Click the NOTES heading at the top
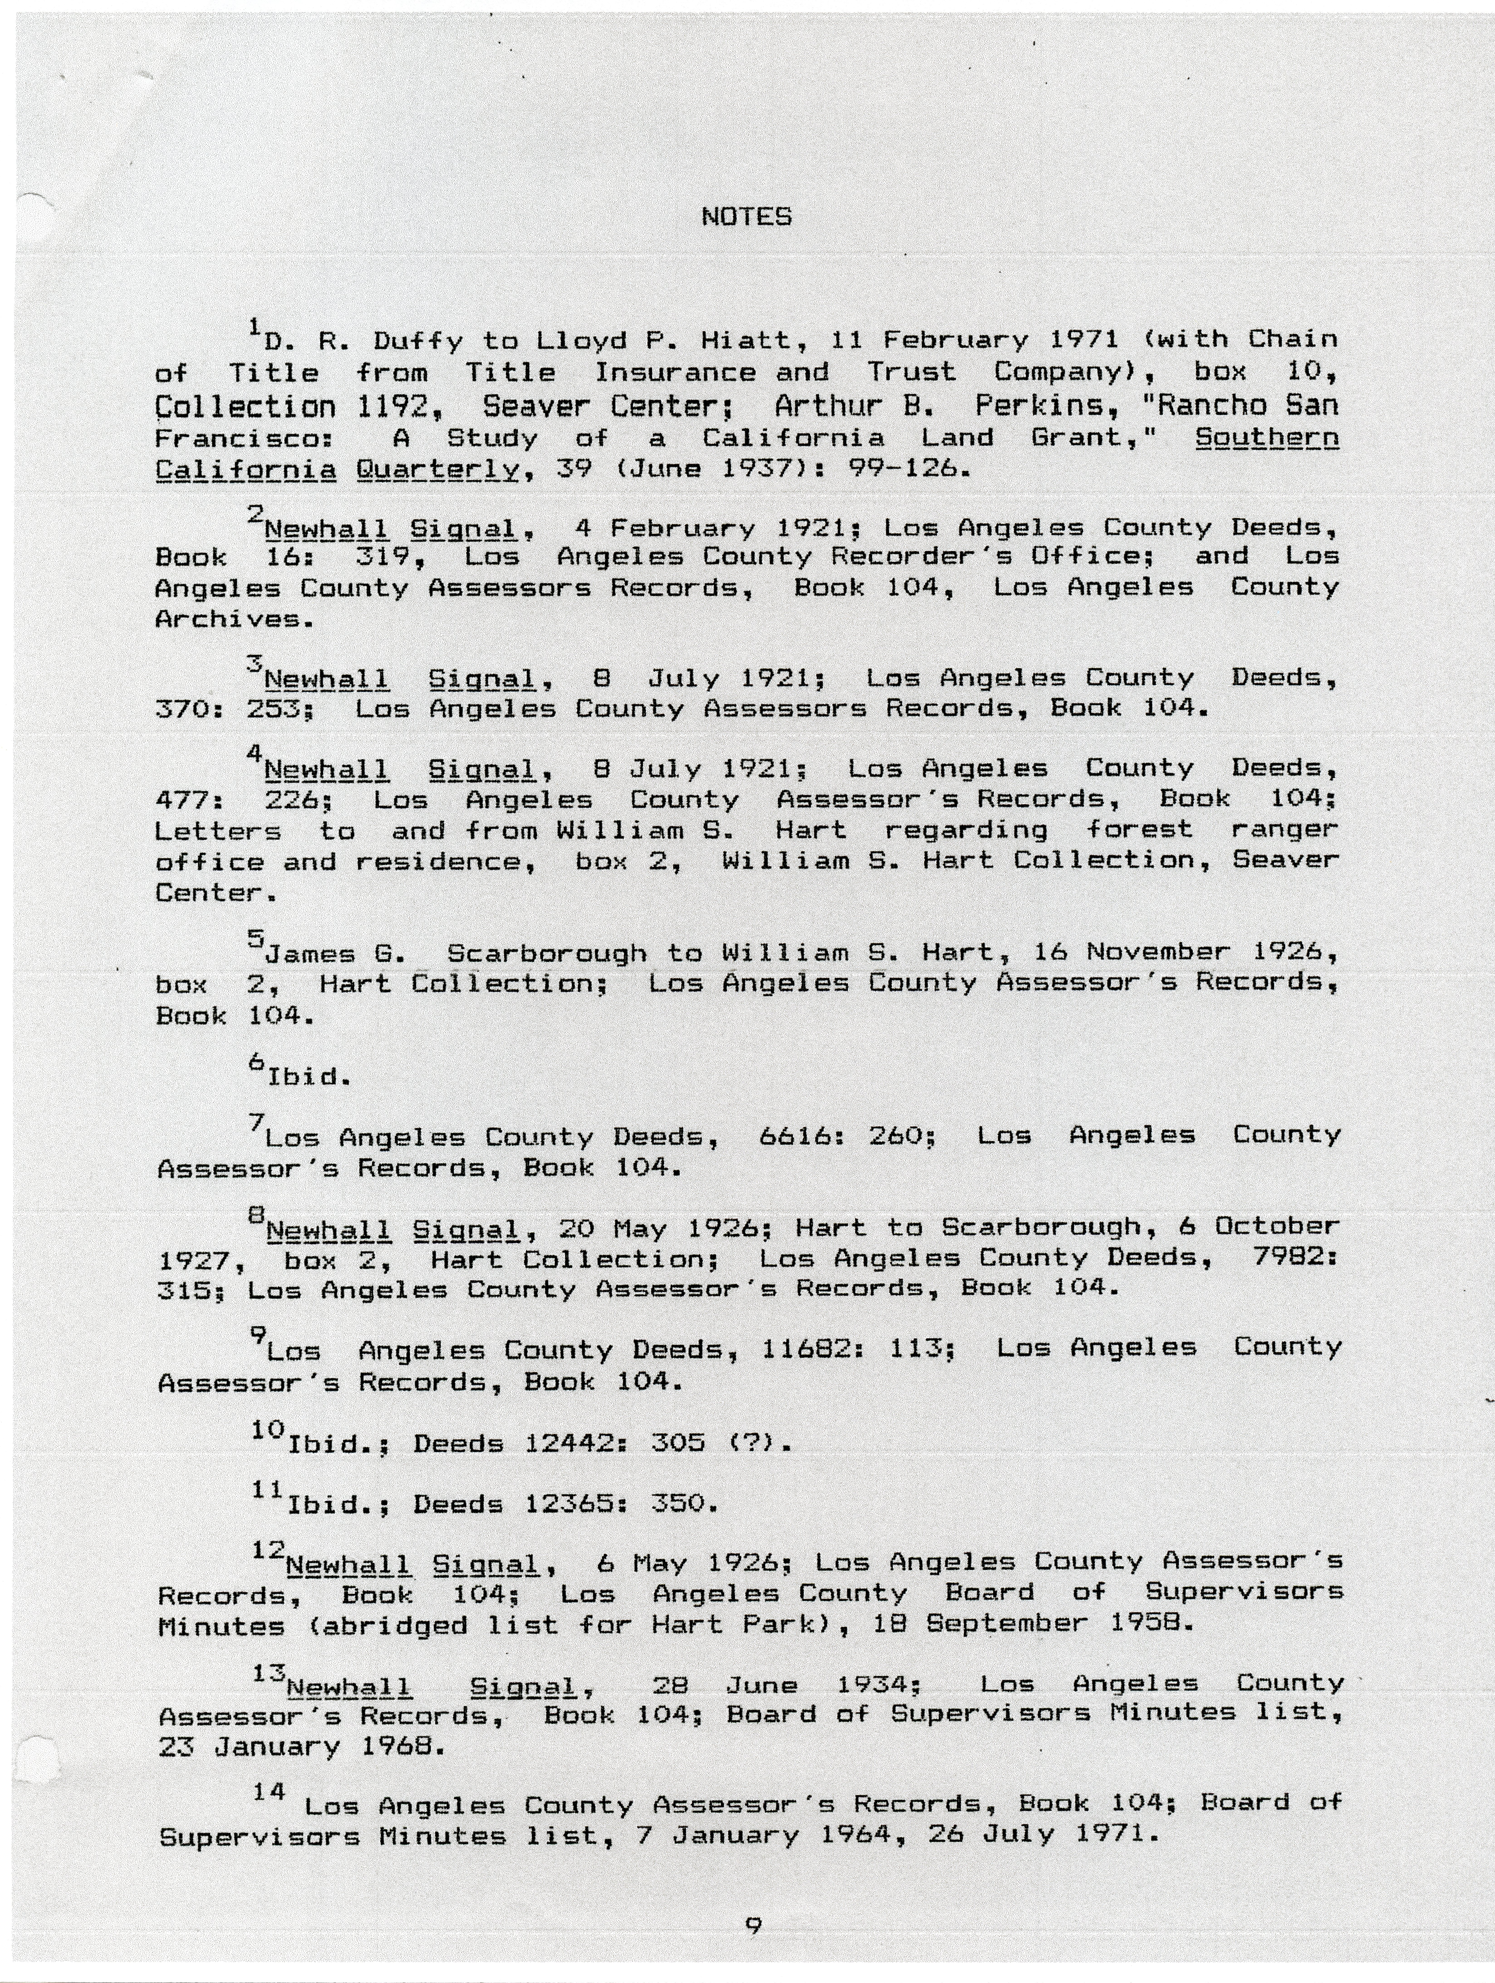[746, 217]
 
